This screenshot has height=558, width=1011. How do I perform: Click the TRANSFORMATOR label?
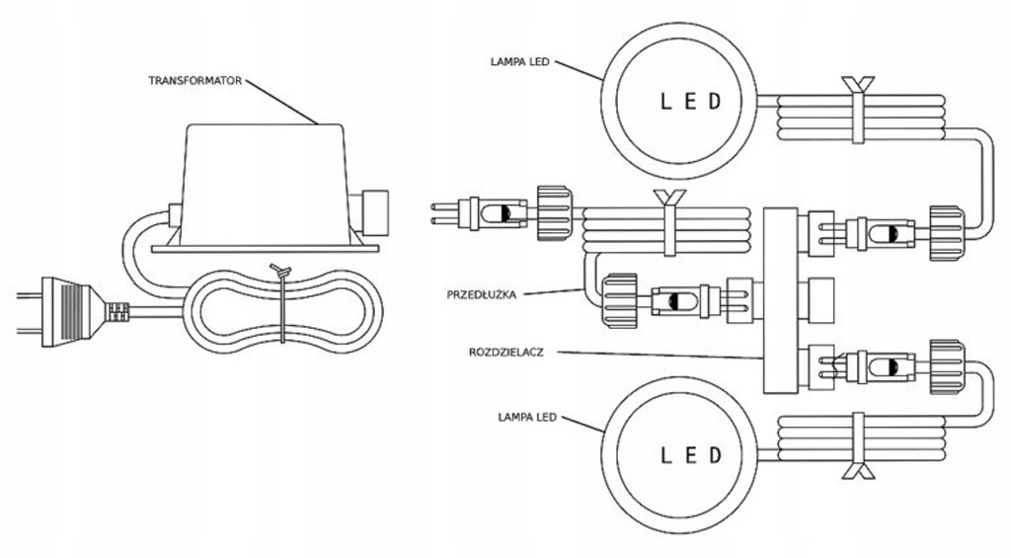point(195,80)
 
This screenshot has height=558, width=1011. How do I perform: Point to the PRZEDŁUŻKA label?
point(481,293)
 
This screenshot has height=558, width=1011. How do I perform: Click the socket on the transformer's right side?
point(376,209)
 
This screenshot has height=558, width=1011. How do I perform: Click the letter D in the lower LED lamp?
point(716,455)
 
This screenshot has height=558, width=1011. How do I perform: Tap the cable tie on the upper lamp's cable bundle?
point(856,111)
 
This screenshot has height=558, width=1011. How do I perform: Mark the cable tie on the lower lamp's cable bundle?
point(855,444)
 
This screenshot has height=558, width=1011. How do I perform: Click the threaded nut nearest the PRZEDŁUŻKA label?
point(621,300)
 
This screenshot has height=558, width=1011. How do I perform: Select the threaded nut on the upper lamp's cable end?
point(946,234)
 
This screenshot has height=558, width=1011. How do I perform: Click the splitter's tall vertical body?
point(781,300)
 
